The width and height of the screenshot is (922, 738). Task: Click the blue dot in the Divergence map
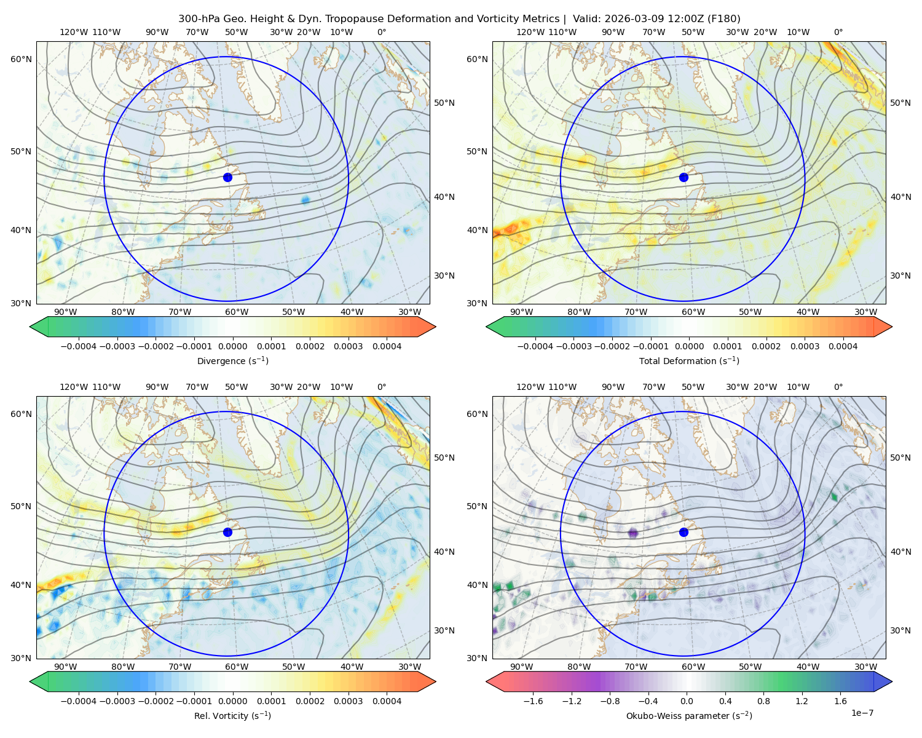(227, 177)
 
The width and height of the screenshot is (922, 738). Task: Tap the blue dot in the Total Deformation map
(684, 177)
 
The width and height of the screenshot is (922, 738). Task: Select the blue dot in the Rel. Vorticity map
(227, 532)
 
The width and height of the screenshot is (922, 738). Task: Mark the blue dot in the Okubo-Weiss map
(684, 532)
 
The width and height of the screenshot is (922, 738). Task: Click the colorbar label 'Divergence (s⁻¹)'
(232, 360)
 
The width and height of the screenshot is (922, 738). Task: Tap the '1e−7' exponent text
(862, 713)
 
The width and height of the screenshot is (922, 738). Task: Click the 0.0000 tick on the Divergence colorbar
(232, 346)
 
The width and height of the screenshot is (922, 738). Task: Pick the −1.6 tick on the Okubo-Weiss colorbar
(533, 700)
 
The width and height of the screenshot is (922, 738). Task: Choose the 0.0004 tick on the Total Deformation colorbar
(843, 346)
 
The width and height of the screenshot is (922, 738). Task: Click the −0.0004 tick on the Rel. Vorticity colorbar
(79, 700)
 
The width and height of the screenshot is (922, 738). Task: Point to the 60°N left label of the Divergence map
(21, 59)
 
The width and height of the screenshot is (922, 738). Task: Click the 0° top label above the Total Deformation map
(838, 32)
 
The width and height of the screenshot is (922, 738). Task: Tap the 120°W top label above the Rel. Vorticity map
(74, 386)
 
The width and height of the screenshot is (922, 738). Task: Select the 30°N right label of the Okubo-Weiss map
(900, 630)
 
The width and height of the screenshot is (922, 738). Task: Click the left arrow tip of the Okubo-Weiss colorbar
(486, 681)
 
